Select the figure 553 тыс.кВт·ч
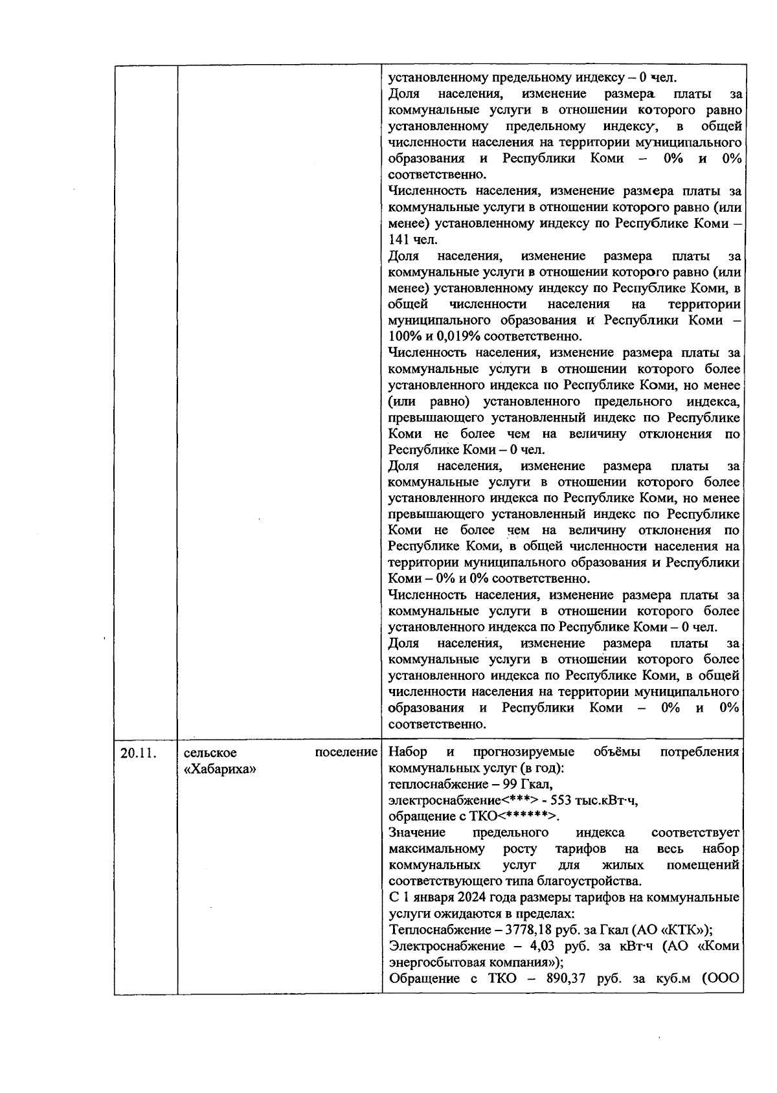coord(590,801)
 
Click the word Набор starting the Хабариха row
coord(407,752)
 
